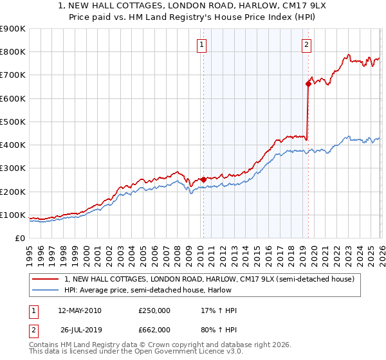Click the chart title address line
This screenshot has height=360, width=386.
(193, 6)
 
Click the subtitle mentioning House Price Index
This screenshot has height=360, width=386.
(193, 17)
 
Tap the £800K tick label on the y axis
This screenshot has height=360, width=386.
(13, 52)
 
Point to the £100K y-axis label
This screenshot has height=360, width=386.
(13, 215)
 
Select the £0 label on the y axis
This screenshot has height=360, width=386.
(19, 238)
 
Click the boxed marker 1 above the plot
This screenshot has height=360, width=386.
(202, 45)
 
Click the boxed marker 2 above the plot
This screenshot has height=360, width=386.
(306, 45)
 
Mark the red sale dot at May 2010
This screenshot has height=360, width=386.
(203, 180)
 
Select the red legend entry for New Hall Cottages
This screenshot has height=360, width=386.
(209, 279)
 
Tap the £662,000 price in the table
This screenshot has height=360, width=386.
(154, 329)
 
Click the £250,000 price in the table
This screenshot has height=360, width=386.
(154, 310)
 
